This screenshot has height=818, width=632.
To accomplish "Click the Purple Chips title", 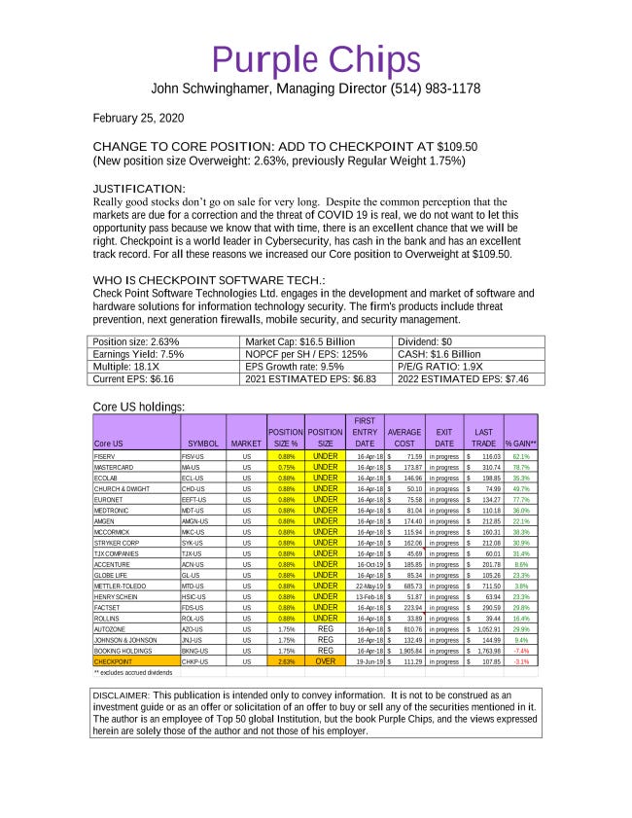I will click(x=316, y=59).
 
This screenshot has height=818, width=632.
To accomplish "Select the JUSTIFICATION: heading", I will click(x=138, y=188).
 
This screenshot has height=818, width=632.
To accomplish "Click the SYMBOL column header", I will click(x=203, y=444).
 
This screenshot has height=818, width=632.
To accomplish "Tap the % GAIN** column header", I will click(x=521, y=444).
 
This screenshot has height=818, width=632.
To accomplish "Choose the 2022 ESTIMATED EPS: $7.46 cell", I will click(x=470, y=379).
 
